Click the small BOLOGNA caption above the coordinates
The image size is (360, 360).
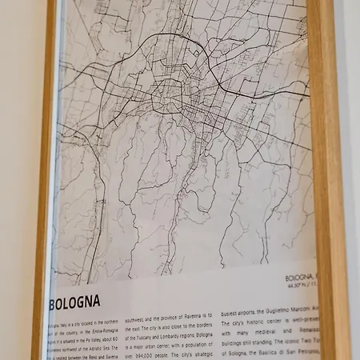[299, 277]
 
